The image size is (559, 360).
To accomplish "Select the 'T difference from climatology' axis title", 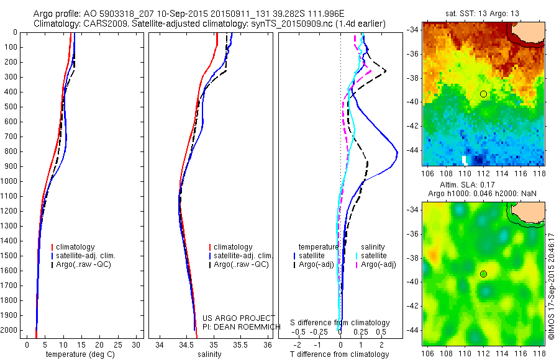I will click(340, 354).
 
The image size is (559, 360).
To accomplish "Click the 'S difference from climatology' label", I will click(340, 323).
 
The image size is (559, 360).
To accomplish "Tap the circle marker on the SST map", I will click(483, 94).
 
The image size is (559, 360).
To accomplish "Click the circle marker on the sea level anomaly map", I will click(483, 274).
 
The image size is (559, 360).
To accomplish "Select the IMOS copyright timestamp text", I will click(551, 286).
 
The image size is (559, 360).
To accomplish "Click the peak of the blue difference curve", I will click(398, 153).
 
